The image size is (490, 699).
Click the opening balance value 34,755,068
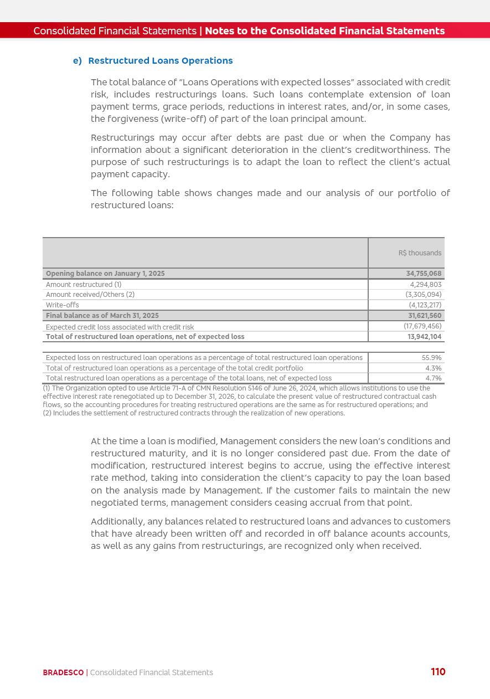[424, 274]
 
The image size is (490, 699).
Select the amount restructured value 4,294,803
[425, 285]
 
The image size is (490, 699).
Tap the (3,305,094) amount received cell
[423, 295]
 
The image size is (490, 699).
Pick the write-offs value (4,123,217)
[425, 305]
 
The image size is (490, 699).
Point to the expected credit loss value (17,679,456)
[422, 326]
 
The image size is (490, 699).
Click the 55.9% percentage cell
[431, 358]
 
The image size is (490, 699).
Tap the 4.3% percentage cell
[433, 368]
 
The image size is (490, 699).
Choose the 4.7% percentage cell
[433, 378]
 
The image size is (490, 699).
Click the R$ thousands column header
[420, 253]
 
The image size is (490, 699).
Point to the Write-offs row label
[62, 305]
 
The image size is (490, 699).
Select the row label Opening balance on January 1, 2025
[105, 274]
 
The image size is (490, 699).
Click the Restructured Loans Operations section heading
[160, 61]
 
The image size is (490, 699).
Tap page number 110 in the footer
[438, 672]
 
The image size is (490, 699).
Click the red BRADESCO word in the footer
[63, 672]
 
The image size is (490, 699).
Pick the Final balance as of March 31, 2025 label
[102, 316]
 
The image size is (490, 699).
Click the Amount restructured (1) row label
[84, 285]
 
